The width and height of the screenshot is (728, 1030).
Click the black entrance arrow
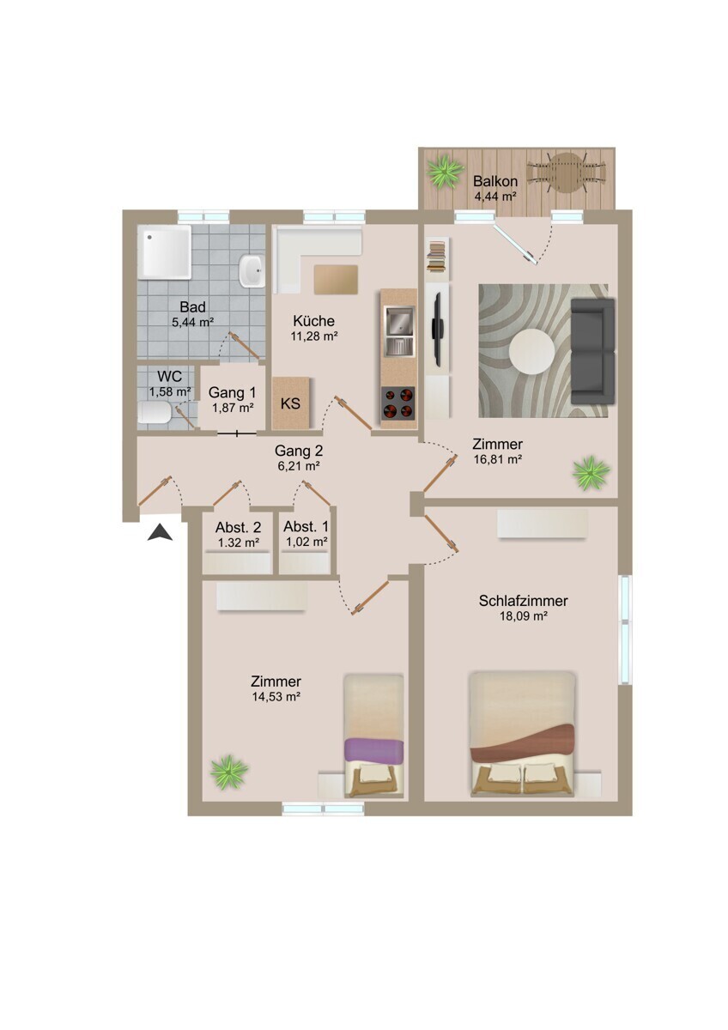tap(161, 533)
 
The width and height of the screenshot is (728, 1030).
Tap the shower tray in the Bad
tap(165, 252)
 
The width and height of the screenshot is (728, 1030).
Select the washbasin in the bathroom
tap(252, 270)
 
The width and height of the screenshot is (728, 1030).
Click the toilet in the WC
tap(155, 416)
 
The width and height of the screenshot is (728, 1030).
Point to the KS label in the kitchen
tap(291, 403)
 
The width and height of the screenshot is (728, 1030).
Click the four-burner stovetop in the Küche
tap(397, 402)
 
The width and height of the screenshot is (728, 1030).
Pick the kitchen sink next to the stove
tap(398, 330)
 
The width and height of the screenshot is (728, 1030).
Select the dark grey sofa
tap(593, 350)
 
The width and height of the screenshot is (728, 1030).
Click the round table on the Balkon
tap(566, 173)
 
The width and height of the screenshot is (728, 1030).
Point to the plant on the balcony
tap(445, 172)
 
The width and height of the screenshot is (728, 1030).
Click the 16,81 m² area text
tap(498, 459)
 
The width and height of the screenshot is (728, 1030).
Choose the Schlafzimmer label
tap(523, 601)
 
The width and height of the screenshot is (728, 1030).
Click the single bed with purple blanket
tap(373, 736)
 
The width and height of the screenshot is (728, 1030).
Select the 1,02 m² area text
tap(306, 542)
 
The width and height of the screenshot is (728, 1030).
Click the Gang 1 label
tap(232, 392)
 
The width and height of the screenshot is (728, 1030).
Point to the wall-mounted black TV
tap(438, 327)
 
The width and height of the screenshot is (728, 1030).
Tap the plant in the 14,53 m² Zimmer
tap(228, 772)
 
